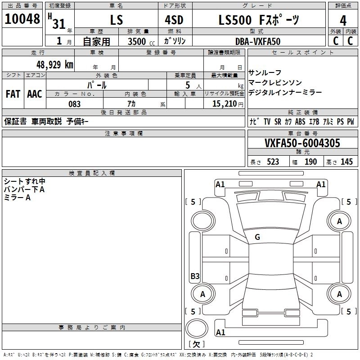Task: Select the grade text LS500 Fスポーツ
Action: (258, 20)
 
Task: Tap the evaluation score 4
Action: (343, 21)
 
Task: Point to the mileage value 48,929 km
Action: (49, 64)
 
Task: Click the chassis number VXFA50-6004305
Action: (302, 144)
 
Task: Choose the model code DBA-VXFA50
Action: (257, 41)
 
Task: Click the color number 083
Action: (75, 104)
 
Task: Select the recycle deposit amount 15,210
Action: (224, 104)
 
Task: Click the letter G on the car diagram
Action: (257, 237)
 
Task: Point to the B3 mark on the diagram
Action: (195, 276)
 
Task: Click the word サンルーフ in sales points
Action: (265, 73)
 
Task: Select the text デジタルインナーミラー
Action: (285, 92)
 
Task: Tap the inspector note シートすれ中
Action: (24, 181)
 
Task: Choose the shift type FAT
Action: (13, 94)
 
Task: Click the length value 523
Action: (272, 162)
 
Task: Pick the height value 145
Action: (346, 162)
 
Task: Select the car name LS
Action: (117, 21)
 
